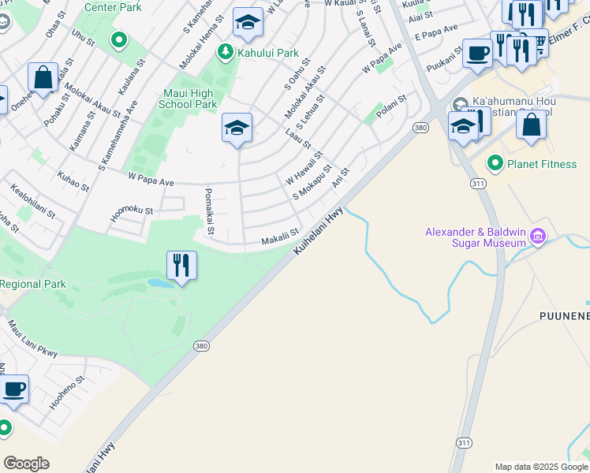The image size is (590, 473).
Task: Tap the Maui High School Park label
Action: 188,99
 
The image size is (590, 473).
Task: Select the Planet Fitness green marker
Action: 495,164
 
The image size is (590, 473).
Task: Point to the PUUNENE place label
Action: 564,316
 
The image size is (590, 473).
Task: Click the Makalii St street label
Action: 280,236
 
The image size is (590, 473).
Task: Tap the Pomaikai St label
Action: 209,212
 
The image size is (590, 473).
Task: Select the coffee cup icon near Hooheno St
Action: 13,389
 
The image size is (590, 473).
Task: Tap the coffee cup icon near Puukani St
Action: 477,53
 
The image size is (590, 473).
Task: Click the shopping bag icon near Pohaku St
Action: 43,77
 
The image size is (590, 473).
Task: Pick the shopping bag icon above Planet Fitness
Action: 532,125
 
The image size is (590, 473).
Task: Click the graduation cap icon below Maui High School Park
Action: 237,128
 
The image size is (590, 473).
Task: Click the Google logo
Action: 26,463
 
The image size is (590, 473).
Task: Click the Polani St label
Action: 390,106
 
